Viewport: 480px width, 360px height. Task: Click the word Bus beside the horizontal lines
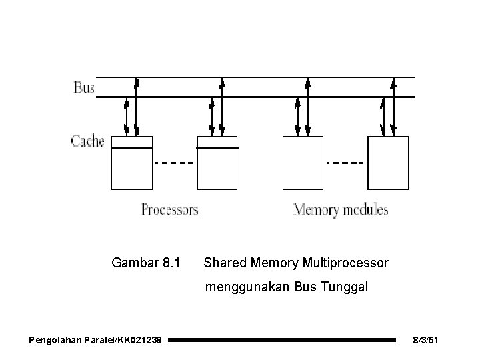tap(84, 87)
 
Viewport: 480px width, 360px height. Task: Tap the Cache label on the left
tap(88, 141)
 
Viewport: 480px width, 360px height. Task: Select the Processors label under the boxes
tap(169, 210)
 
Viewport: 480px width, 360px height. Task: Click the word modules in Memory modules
tap(365, 210)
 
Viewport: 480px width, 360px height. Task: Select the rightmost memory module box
tap(389, 163)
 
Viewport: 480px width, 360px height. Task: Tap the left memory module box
tap(303, 163)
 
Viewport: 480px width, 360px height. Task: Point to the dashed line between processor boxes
tap(174, 162)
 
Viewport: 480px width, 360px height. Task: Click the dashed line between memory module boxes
tap(345, 162)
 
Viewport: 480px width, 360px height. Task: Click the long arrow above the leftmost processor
tap(137, 107)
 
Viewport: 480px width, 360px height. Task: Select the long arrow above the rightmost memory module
tap(393, 107)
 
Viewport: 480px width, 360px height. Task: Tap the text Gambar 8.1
tap(145, 263)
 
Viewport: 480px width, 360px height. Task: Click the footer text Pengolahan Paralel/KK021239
tap(95, 341)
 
